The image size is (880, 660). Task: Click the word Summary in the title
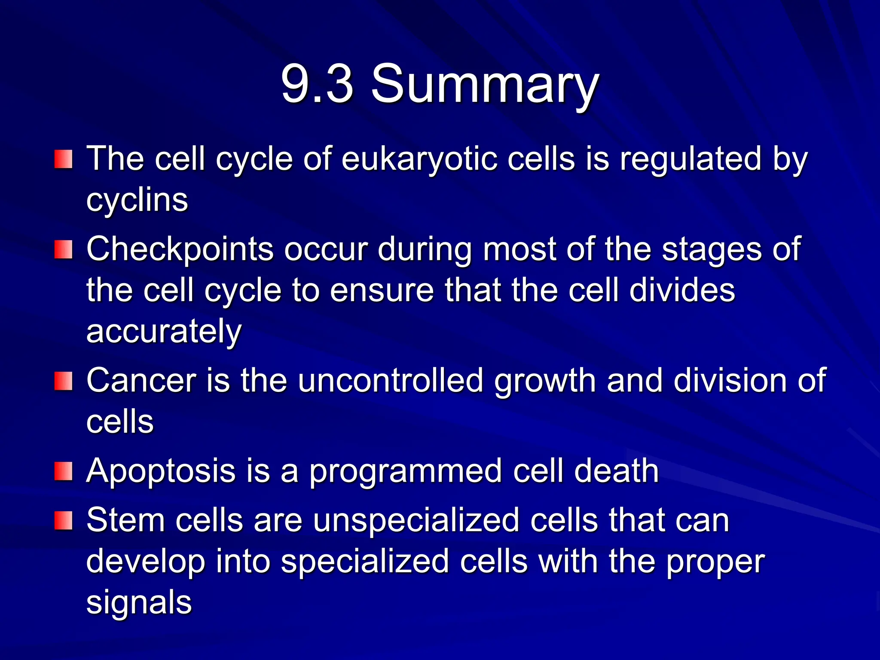tap(484, 84)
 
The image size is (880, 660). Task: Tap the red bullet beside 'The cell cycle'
tap(63, 159)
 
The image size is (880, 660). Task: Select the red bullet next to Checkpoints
tap(63, 250)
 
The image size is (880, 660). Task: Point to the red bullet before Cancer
tap(63, 381)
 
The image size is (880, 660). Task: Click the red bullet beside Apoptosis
tap(63, 471)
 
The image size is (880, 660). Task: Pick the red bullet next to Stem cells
tap(63, 520)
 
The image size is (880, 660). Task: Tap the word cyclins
tap(137, 200)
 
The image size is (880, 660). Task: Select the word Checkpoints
tap(180, 249)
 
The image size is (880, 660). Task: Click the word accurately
tap(164, 332)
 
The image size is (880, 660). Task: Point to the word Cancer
tap(141, 381)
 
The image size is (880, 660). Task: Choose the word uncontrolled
tap(391, 381)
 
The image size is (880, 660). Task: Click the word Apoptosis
tap(161, 472)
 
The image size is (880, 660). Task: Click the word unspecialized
tap(416, 521)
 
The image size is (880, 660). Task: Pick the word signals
tap(139, 603)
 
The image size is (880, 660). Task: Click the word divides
tap(682, 290)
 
